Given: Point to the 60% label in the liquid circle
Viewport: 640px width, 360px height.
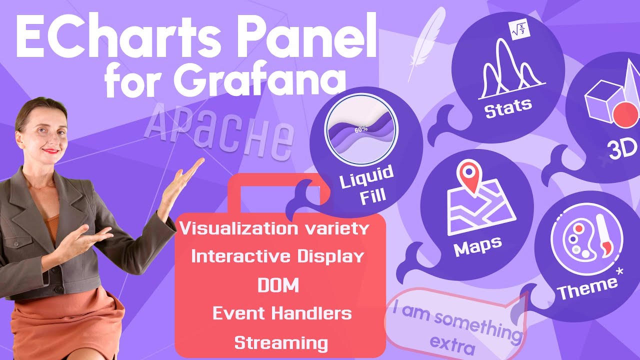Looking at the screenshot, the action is click(361, 129).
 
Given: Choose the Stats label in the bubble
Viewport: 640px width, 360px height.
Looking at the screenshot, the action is click(508, 107).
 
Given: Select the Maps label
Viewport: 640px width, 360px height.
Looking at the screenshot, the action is click(477, 246).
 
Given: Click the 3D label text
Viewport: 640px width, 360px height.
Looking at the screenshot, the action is click(622, 149).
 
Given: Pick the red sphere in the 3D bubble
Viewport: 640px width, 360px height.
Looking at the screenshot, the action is click(625, 114).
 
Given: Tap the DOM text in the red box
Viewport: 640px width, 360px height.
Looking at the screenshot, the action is click(278, 285).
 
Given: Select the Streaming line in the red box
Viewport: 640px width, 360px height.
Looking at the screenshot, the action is click(281, 343).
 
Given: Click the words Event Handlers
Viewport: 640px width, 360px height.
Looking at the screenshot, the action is click(282, 313).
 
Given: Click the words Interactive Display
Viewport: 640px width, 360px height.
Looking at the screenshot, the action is click(277, 256).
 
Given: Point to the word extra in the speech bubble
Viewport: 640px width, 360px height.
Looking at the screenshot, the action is click(453, 345).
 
